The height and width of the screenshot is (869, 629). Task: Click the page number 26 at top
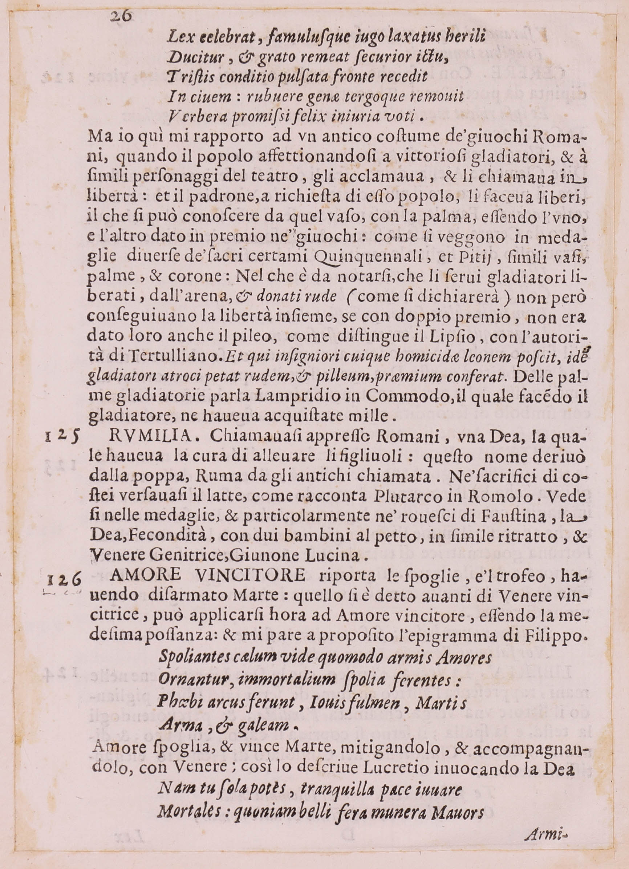click(x=121, y=16)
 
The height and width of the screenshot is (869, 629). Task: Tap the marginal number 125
click(x=62, y=436)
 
